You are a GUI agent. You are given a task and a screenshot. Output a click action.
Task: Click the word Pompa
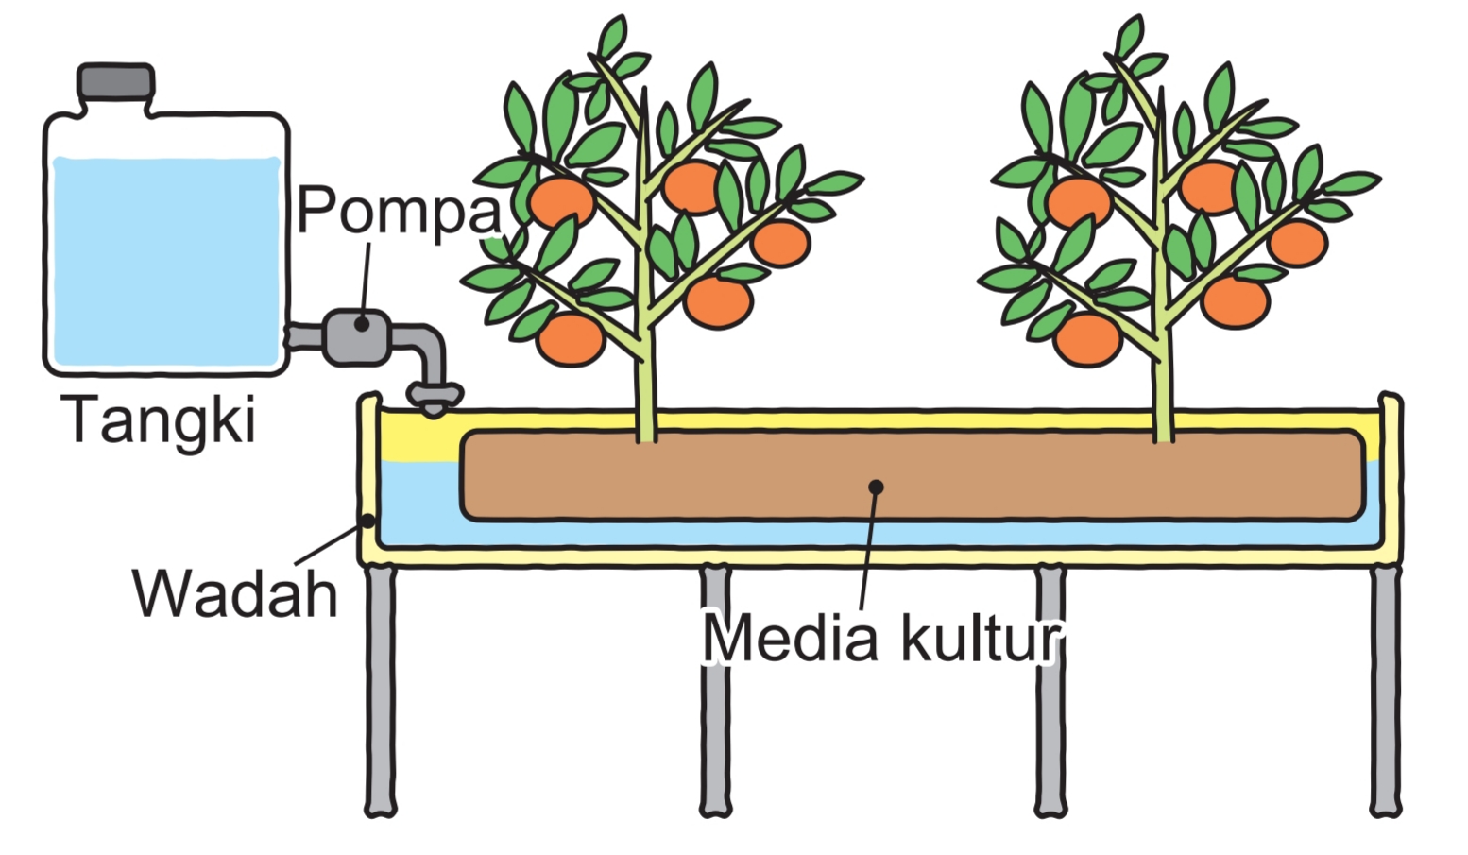coord(398,210)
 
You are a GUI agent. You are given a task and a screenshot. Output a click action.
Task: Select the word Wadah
coord(235,593)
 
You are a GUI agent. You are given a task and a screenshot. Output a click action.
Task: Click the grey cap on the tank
coord(116,81)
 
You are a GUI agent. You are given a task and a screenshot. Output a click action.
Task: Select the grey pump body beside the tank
coord(357,336)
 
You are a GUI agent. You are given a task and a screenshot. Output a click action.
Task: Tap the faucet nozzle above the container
coord(434,398)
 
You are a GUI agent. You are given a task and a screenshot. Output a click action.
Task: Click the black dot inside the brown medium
coord(876,487)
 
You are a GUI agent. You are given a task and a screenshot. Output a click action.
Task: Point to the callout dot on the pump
coord(362,324)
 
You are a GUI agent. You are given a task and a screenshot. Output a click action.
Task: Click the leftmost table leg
coord(380,690)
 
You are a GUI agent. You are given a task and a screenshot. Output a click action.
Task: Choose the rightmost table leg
coord(1386,690)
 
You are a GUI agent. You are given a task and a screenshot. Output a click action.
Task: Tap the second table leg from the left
coord(715,690)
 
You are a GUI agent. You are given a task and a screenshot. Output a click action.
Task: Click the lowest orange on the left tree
coord(571,339)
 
